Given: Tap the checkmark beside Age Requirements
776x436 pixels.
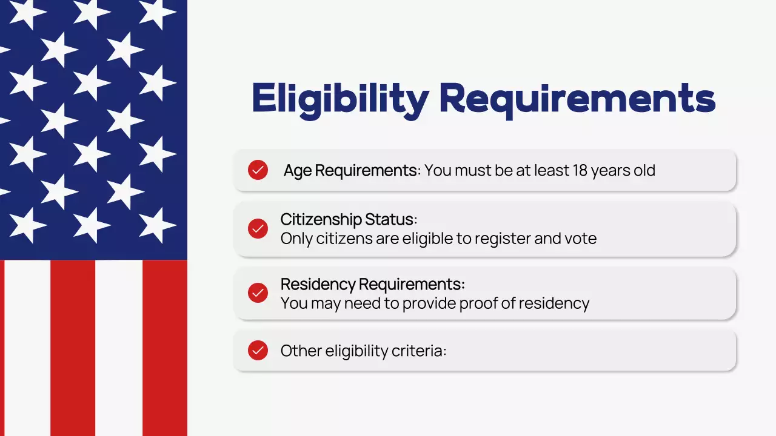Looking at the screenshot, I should coord(258,170).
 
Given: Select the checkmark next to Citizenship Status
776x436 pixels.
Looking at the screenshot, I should coord(258,229).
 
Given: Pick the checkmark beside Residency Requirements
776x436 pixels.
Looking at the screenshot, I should coord(258,293).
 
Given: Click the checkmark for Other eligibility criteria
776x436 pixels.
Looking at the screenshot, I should coord(258,350).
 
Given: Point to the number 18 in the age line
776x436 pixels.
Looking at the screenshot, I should coord(581,171).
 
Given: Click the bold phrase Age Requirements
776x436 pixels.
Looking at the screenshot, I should coord(350,171).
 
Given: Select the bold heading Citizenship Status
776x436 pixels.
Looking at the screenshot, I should coord(347,219).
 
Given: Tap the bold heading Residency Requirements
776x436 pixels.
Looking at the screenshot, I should coord(371,284).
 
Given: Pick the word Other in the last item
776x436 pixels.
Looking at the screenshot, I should coord(301,351).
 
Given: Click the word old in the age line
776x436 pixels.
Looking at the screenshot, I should coord(644,171).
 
